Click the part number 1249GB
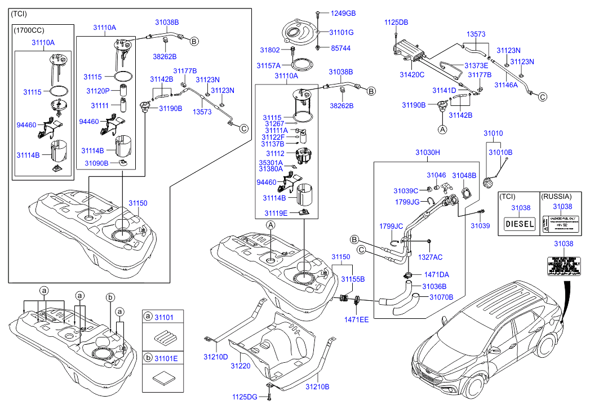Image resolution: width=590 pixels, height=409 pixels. pyautogui.click(x=343, y=12)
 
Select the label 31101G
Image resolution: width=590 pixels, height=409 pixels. pyautogui.click(x=341, y=33)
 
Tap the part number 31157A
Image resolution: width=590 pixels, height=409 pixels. pyautogui.click(x=269, y=65)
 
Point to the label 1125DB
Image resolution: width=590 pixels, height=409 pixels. pyautogui.click(x=396, y=23)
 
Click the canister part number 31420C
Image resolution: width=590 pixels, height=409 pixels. pyautogui.click(x=412, y=74)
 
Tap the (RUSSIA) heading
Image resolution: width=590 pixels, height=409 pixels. pyautogui.click(x=556, y=197)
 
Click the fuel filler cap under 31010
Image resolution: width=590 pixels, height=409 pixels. pyautogui.click(x=488, y=183)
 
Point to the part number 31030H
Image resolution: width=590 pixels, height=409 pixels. pyautogui.click(x=428, y=152)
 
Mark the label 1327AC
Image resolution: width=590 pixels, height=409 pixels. pyautogui.click(x=430, y=257)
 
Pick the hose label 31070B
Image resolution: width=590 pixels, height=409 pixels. pyautogui.click(x=441, y=296)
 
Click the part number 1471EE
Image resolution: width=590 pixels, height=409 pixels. pyautogui.click(x=357, y=319)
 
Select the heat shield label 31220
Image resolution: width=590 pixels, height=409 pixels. pyautogui.click(x=240, y=366)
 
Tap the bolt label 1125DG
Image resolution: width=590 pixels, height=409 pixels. pyautogui.click(x=245, y=397)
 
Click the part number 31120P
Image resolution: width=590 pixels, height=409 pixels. pyautogui.click(x=98, y=91)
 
